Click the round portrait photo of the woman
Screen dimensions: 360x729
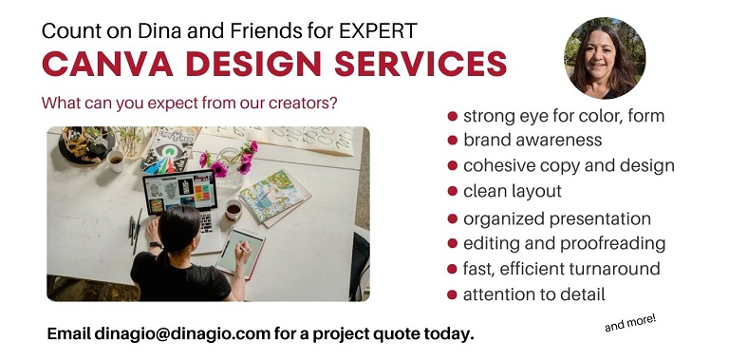click(x=605, y=58)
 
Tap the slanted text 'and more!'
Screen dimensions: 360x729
click(x=630, y=323)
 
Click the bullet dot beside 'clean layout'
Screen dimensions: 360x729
click(x=453, y=192)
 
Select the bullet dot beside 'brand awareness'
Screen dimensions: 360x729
click(x=453, y=141)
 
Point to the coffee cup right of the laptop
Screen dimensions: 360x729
click(x=233, y=208)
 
